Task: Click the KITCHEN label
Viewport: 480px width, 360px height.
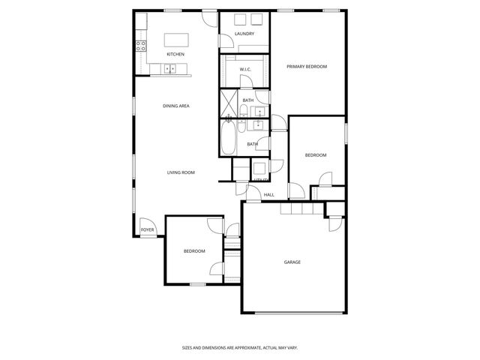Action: [175, 54]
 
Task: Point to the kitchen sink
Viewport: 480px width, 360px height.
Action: [169, 69]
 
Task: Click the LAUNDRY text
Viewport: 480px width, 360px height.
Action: [244, 34]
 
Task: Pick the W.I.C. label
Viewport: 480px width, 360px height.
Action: [245, 70]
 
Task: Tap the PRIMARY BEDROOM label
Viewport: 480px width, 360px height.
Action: [307, 67]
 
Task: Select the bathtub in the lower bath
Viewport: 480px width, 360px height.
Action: [228, 140]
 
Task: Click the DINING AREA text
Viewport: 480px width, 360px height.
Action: [175, 106]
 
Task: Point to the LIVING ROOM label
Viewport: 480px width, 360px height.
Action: [181, 172]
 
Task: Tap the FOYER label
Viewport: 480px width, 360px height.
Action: [148, 229]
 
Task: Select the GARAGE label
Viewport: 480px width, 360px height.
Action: [292, 262]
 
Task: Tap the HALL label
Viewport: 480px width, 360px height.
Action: [268, 195]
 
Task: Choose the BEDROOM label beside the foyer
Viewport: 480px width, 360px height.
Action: [194, 250]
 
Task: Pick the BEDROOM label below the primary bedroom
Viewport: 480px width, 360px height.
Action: [315, 155]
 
